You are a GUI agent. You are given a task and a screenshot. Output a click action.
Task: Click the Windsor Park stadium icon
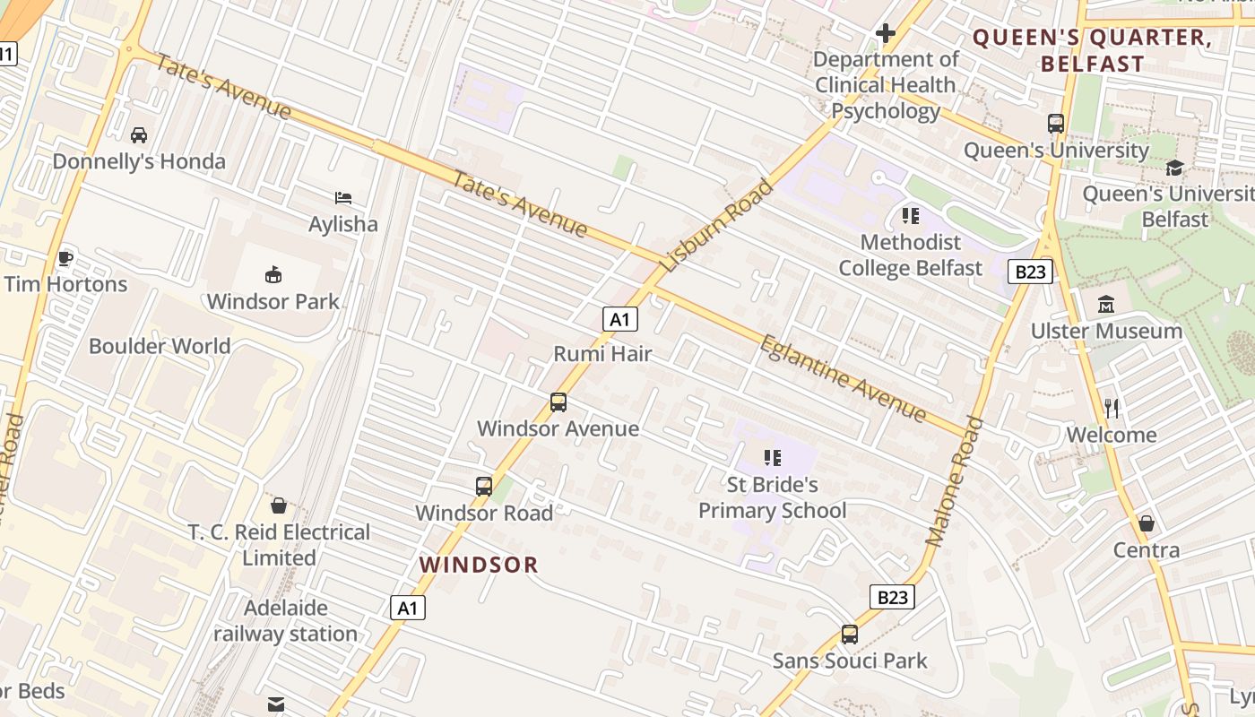click(x=273, y=274)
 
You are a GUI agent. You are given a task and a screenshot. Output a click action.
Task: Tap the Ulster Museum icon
click(x=1105, y=305)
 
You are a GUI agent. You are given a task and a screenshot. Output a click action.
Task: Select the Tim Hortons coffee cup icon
click(x=65, y=258)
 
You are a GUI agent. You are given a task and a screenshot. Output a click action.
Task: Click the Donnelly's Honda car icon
click(x=139, y=135)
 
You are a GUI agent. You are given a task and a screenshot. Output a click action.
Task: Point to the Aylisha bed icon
click(x=342, y=198)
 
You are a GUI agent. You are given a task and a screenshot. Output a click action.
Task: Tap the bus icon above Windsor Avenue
click(x=558, y=402)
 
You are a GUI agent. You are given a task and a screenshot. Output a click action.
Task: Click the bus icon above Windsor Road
click(x=484, y=487)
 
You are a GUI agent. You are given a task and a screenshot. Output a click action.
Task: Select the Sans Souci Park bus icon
click(x=849, y=635)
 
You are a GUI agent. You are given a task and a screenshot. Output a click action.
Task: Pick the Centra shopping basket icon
click(x=1146, y=523)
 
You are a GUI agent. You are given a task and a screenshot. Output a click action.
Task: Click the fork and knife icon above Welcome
click(x=1112, y=409)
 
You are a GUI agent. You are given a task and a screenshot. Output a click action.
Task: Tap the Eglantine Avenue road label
click(x=843, y=377)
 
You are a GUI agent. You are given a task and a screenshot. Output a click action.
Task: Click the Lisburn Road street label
click(x=717, y=226)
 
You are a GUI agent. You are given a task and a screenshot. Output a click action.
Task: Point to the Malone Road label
click(x=955, y=482)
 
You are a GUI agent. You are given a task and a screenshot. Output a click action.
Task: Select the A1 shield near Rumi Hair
click(x=619, y=319)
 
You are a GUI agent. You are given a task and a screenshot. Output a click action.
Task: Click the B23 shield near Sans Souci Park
click(x=893, y=597)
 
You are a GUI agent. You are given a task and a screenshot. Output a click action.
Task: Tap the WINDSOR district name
click(x=479, y=565)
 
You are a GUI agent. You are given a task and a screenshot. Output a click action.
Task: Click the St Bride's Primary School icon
click(x=772, y=458)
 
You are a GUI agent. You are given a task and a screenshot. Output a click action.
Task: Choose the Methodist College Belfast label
click(x=911, y=255)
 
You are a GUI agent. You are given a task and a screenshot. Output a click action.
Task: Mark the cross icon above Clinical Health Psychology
click(x=886, y=34)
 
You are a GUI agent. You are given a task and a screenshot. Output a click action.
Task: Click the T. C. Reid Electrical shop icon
click(x=279, y=505)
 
